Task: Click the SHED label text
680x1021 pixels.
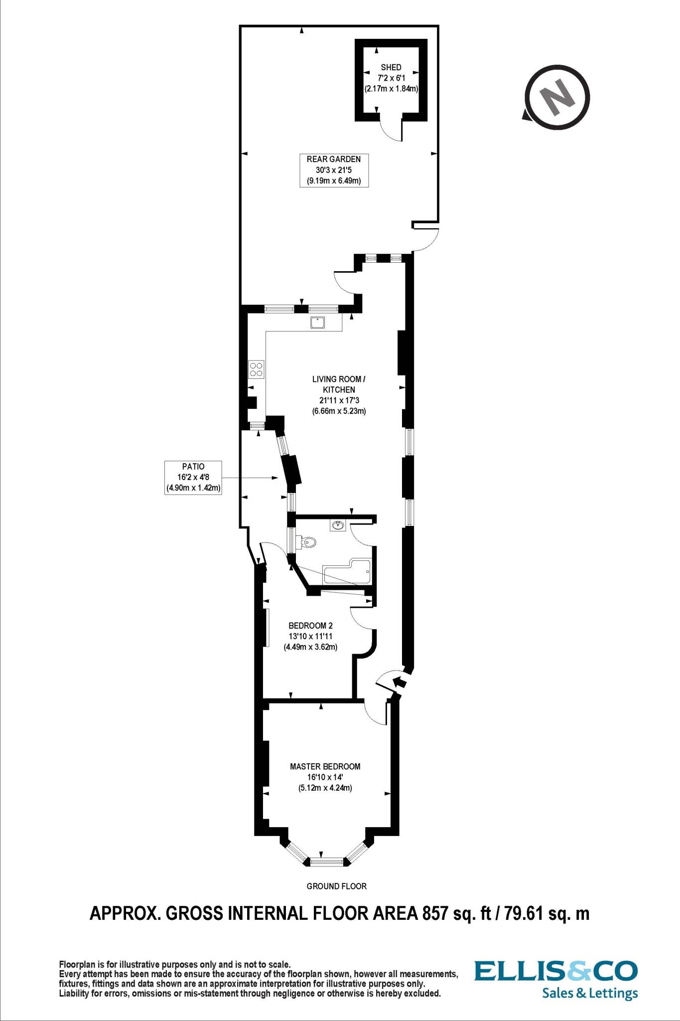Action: coord(391,67)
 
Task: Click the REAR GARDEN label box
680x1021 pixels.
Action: coord(334,170)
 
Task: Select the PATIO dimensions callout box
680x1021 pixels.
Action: coord(193,478)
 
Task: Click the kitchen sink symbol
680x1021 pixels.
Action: coord(317,323)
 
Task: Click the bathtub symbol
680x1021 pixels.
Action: coord(347,571)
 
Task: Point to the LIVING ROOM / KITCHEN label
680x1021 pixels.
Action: coord(338,384)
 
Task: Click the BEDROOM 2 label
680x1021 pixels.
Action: coord(310,625)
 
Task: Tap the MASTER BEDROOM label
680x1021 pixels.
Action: coord(325,766)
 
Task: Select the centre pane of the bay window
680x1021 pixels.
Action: coord(326,861)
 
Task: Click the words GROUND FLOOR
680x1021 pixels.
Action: coord(336,886)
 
